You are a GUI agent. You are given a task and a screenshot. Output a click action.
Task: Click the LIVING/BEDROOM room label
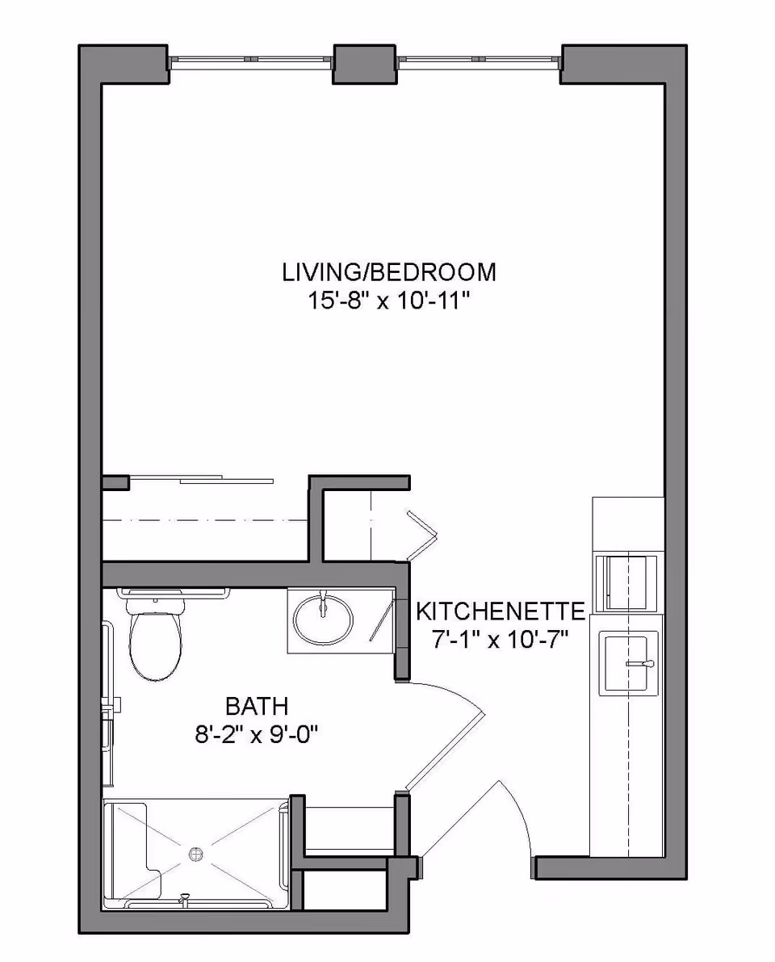tap(388, 272)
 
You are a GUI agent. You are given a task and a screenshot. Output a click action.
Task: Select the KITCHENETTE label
tap(500, 611)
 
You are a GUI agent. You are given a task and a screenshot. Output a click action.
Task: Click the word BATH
tap(257, 707)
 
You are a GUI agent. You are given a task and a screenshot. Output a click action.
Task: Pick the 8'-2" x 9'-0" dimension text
tap(257, 735)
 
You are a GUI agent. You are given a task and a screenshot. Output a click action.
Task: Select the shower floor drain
tap(196, 854)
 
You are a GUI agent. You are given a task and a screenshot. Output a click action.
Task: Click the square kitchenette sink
tap(628, 663)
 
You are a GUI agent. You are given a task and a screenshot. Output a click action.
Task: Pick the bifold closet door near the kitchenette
tap(420, 535)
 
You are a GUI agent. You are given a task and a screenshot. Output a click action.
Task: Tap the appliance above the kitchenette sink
tap(626, 582)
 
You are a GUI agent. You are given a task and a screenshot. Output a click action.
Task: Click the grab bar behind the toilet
tap(174, 594)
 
